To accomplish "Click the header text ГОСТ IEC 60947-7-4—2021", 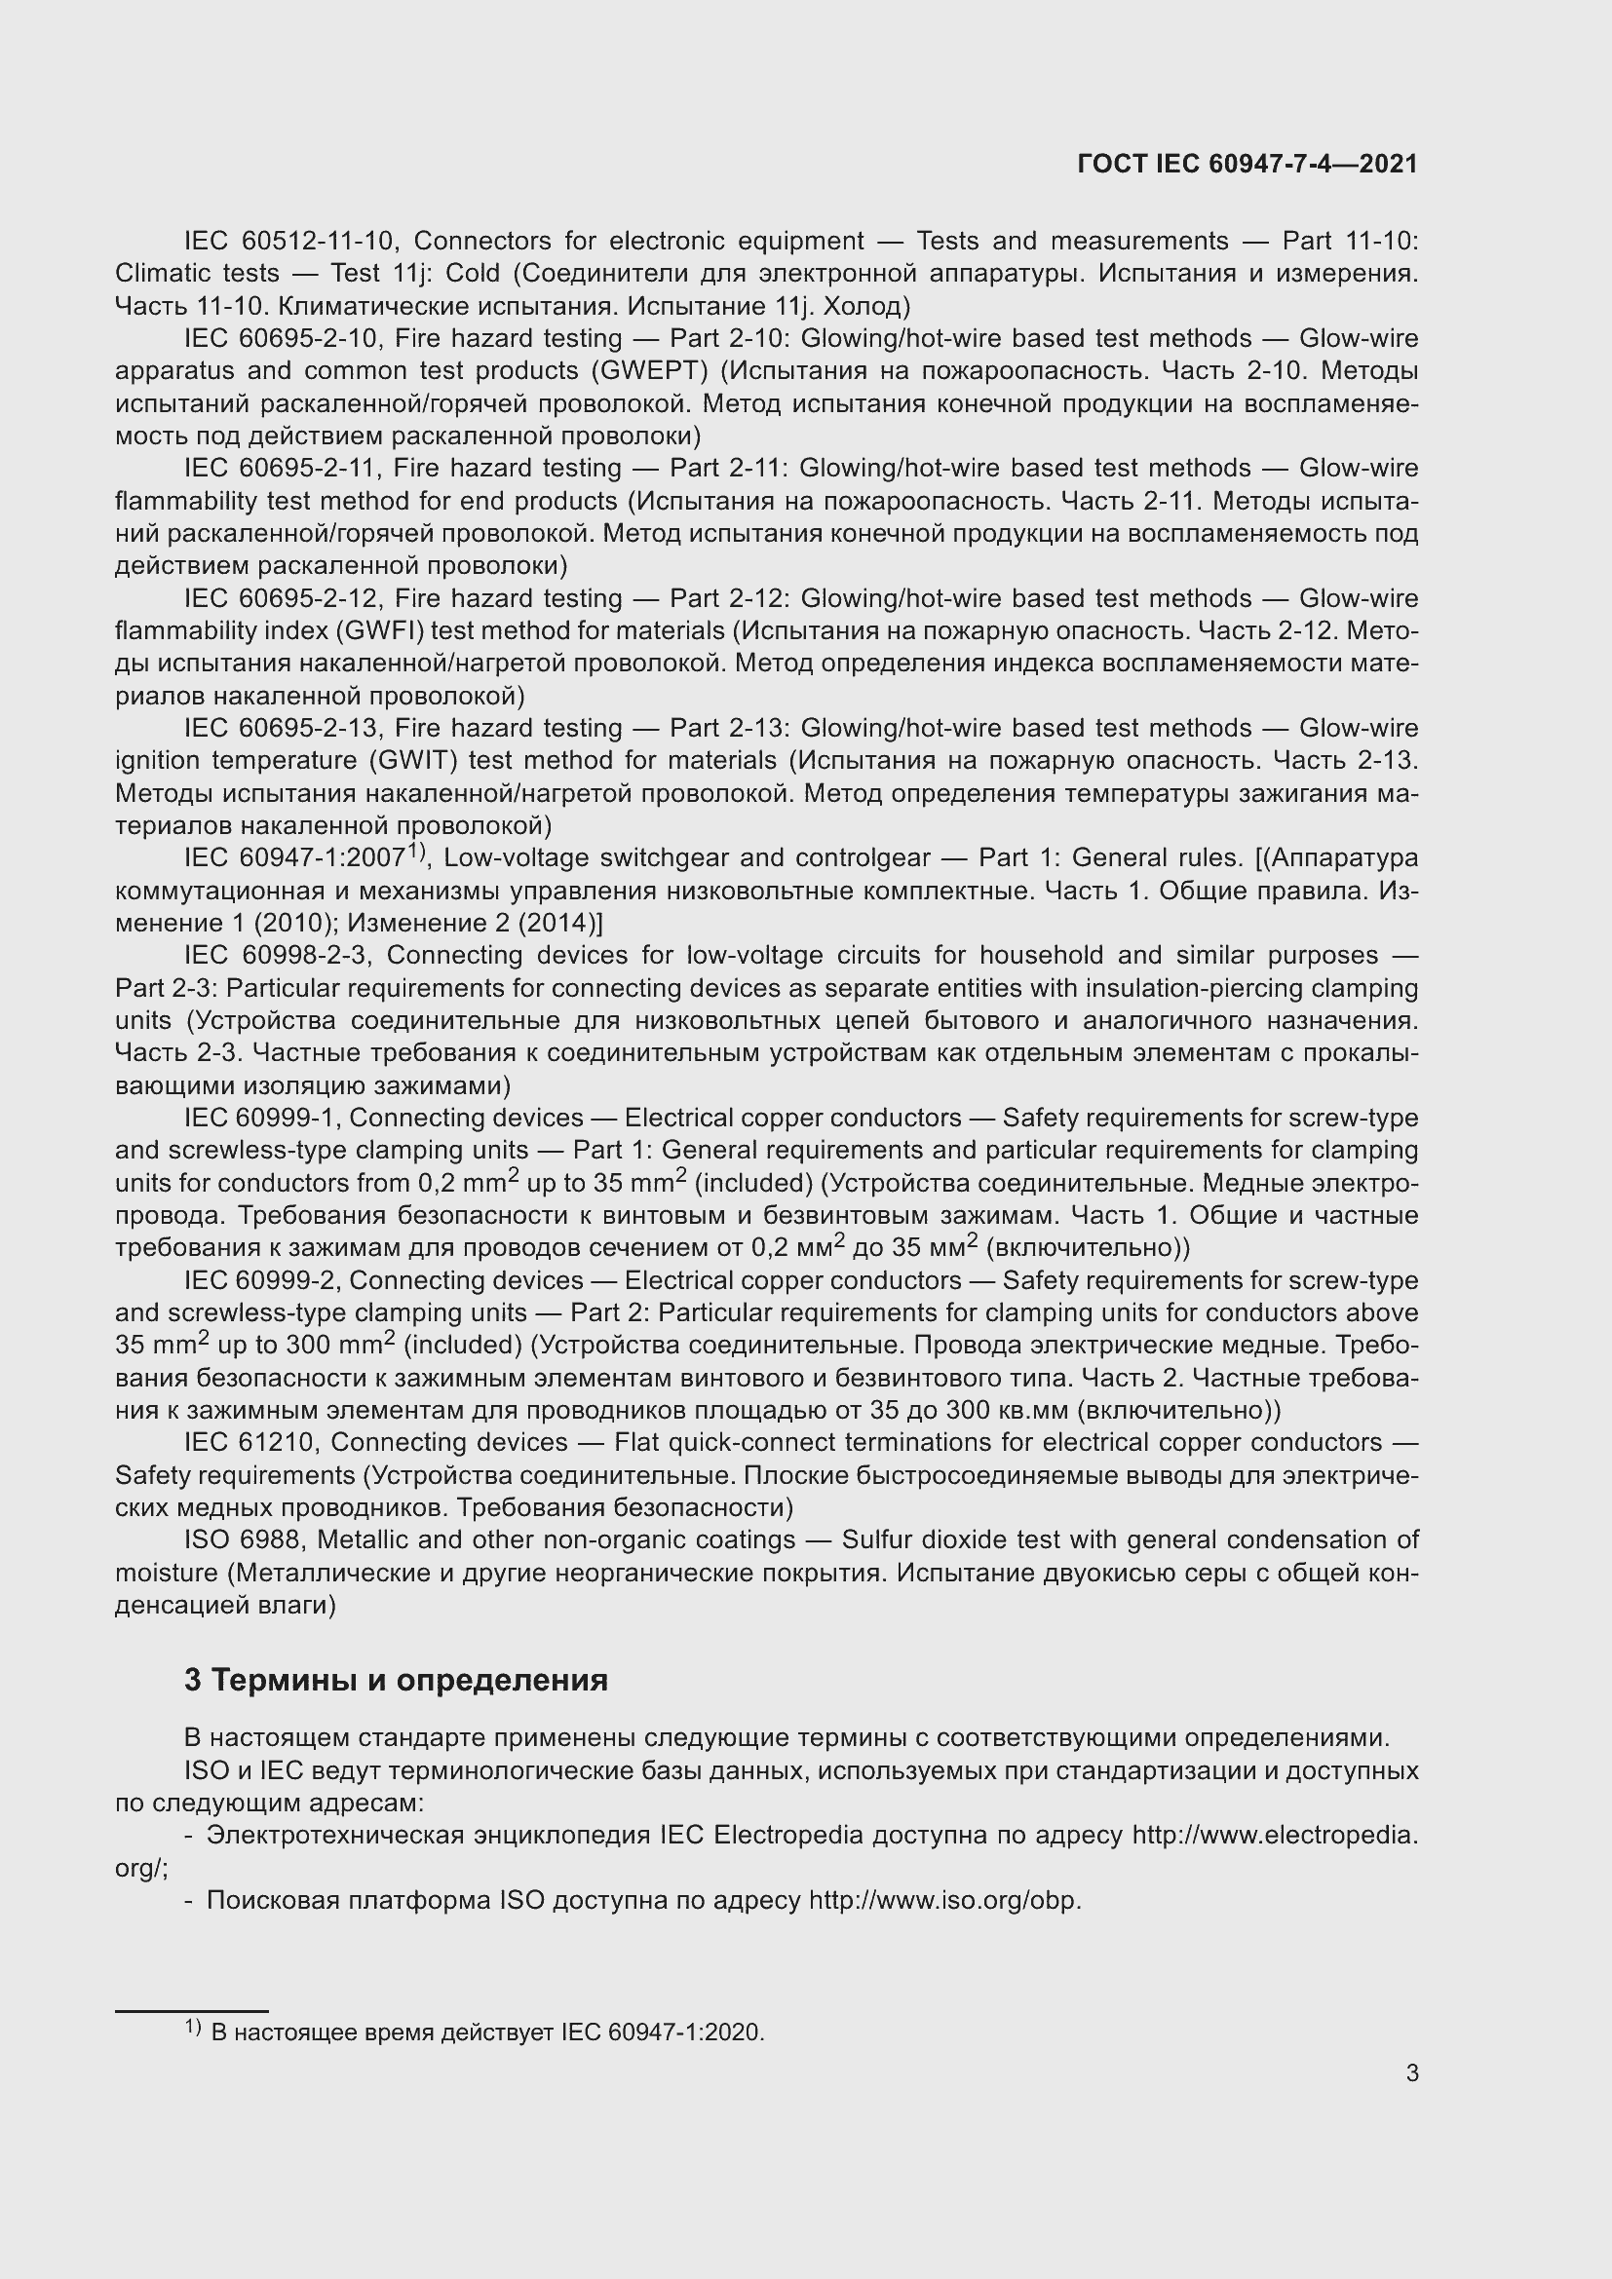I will tap(1247, 164).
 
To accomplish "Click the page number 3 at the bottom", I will tap(1411, 2072).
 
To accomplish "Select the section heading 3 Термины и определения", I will tap(395, 1680).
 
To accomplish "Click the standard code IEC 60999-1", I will tap(262, 1118).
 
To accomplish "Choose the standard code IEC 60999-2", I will tap(262, 1280).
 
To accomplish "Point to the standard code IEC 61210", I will tap(254, 1442).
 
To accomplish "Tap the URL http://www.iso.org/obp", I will tap(944, 1901).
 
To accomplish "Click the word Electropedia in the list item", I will tap(787, 1836).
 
